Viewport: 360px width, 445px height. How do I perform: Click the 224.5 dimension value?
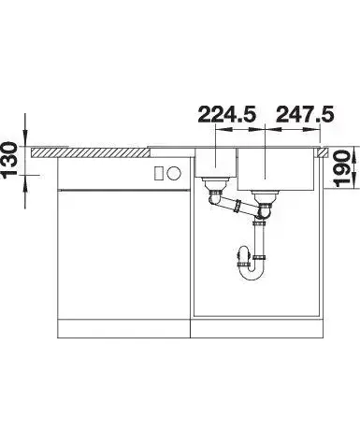pos(227,114)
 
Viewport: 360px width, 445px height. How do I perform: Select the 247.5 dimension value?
pos(305,114)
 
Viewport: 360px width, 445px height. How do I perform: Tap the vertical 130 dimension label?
pos(9,161)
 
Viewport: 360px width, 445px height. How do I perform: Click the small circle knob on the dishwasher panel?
pos(174,173)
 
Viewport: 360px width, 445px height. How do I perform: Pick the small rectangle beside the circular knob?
pos(159,173)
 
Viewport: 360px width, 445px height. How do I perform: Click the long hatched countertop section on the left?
pos(90,152)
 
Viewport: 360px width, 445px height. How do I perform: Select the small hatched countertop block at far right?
pos(323,152)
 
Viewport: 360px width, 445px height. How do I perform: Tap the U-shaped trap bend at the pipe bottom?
pos(251,273)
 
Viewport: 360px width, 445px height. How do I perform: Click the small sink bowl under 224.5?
pos(215,163)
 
